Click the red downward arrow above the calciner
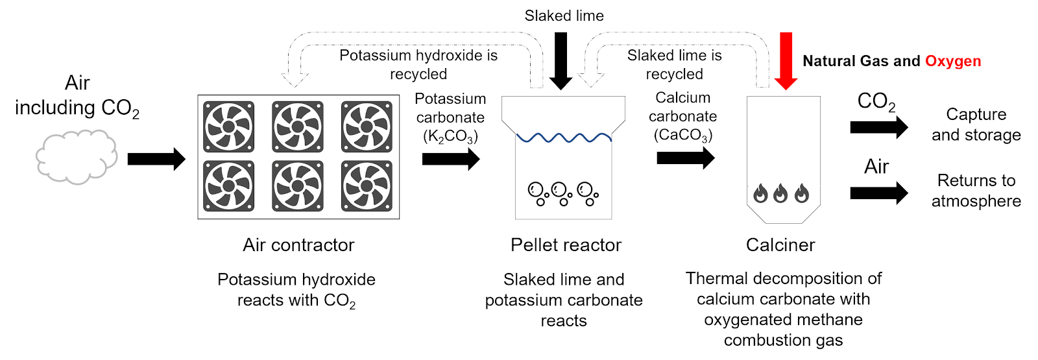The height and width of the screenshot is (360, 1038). (786, 60)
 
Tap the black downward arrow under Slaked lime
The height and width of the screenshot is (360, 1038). (561, 60)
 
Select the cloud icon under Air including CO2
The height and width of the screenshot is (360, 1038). (76, 157)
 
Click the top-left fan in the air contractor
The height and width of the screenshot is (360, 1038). (228, 126)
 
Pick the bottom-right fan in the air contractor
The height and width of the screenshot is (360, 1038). (367, 186)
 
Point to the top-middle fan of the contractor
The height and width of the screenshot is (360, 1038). (298, 126)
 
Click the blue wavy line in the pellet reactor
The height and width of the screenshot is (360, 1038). (564, 138)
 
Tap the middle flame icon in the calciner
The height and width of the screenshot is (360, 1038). (781, 193)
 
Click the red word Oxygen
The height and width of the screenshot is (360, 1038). (952, 61)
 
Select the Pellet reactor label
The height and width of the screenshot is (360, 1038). (566, 245)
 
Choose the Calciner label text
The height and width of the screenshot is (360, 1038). (780, 245)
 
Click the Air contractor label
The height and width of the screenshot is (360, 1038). (298, 245)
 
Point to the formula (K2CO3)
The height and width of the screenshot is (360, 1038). (450, 136)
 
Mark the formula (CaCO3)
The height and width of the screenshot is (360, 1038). (682, 135)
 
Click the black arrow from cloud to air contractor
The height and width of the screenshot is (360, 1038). (156, 159)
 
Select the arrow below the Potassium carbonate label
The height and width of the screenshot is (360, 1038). (451, 159)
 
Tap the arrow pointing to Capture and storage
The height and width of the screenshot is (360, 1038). (879, 127)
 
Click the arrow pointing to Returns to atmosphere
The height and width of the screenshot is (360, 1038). (879, 193)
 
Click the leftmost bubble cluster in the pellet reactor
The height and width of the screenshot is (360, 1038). (538, 193)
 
